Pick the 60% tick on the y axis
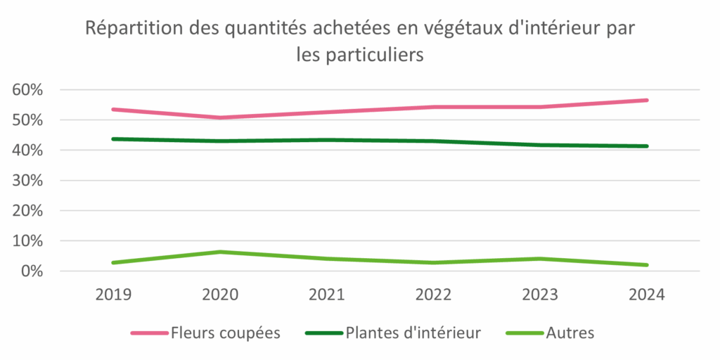27,90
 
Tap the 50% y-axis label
27,120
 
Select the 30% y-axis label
27,181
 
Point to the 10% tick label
27,241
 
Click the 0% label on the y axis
32,271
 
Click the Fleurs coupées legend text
225,333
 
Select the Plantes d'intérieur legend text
413,333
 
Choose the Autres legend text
570,333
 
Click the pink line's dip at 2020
220,117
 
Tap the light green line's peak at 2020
220,252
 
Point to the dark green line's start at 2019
114,139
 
